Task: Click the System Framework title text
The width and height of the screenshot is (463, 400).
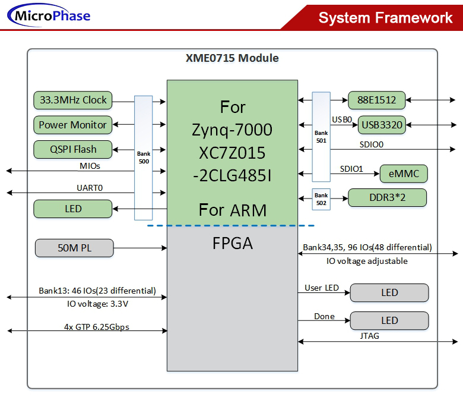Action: [x=385, y=17]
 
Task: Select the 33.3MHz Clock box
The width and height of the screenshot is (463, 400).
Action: [x=73, y=100]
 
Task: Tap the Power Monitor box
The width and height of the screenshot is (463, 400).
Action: [x=73, y=125]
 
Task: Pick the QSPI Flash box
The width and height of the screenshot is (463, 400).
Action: [x=73, y=149]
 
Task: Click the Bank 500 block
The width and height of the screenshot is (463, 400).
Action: [x=144, y=158]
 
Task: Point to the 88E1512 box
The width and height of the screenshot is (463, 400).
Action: [x=372, y=100]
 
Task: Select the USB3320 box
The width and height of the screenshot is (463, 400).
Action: [x=382, y=125]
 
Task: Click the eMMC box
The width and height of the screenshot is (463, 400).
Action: [x=403, y=174]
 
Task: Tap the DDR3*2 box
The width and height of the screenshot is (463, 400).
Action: [x=386, y=197]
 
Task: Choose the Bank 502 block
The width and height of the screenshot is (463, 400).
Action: [x=321, y=198]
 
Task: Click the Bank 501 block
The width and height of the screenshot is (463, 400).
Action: [x=321, y=137]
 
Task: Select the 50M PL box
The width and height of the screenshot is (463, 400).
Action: [x=74, y=248]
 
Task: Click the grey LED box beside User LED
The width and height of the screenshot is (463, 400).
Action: [x=389, y=292]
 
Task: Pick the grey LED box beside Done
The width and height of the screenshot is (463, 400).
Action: [x=389, y=320]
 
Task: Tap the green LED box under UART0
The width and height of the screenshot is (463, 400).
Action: [x=73, y=209]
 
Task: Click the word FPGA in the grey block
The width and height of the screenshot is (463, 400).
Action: [x=232, y=243]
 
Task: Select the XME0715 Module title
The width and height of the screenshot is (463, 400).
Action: [x=232, y=58]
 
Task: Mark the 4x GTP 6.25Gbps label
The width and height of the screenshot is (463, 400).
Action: [x=97, y=326]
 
